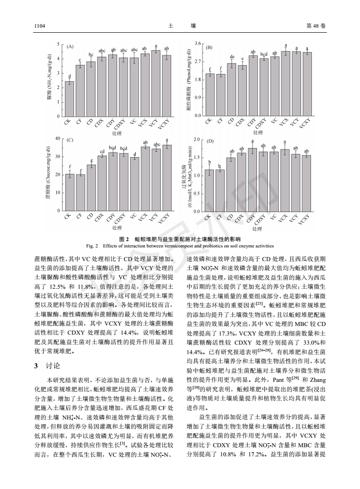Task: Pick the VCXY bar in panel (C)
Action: click(x=167, y=178)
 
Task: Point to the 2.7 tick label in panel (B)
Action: click(x=197, y=61)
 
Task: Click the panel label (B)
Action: click(x=209, y=47)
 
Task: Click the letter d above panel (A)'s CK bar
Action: click(x=69, y=77)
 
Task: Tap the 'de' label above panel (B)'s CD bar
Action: click(x=232, y=57)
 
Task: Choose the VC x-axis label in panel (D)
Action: click(x=274, y=216)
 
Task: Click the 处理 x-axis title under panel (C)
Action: click(x=117, y=227)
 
